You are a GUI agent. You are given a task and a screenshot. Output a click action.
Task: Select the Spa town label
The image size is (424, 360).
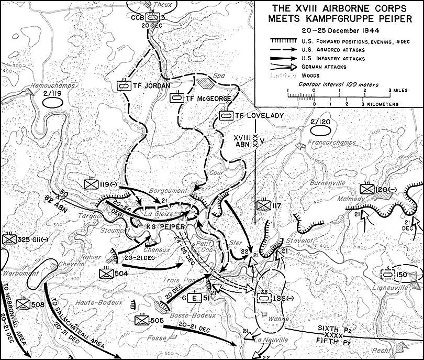click(211, 74)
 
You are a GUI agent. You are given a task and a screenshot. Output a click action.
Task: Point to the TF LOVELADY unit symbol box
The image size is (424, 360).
click(226, 115)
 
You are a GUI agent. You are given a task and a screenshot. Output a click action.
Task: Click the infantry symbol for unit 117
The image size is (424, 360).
click(263, 205)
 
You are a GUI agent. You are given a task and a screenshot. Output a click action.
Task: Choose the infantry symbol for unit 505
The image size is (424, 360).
click(142, 320)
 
